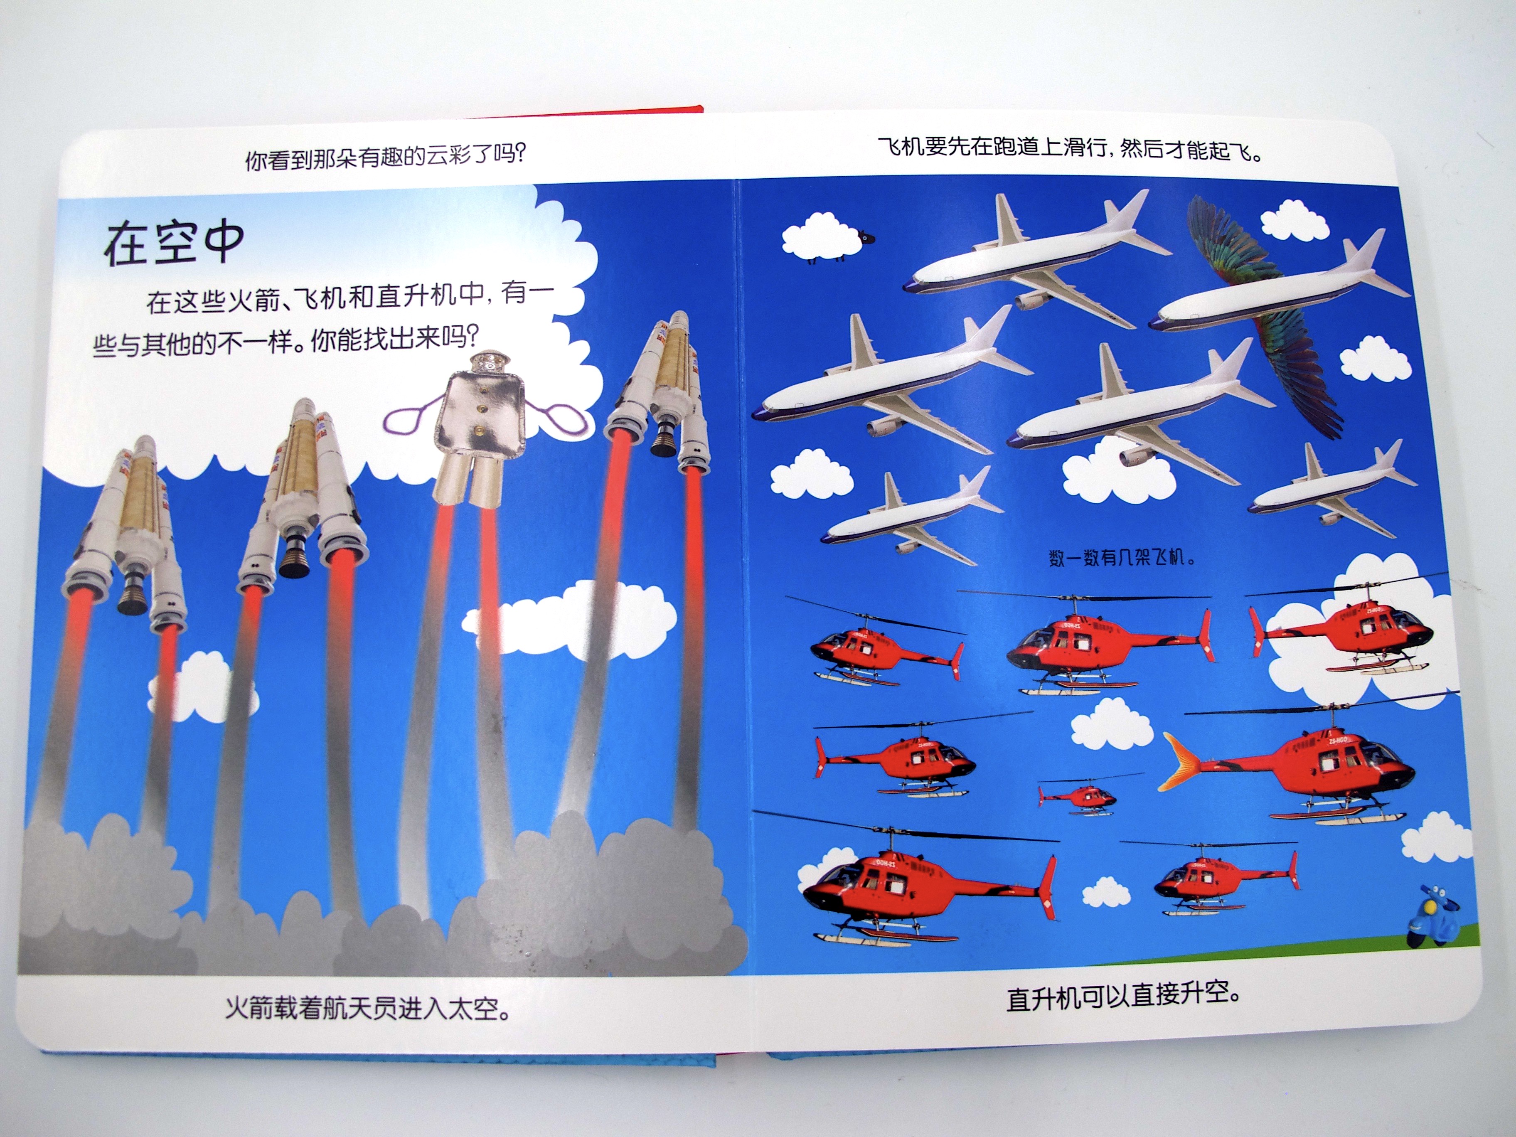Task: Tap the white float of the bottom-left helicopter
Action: coord(884,937)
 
